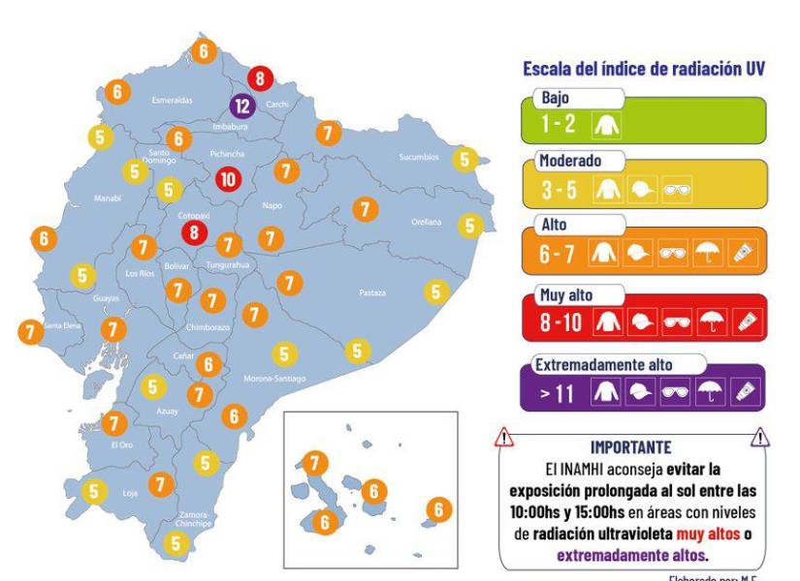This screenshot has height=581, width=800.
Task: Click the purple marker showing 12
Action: point(242,106)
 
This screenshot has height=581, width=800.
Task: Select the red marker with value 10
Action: point(228,179)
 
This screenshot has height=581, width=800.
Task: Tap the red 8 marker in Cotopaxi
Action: point(196,231)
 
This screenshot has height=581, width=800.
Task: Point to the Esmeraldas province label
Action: point(173,100)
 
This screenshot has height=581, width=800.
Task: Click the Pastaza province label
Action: point(371,292)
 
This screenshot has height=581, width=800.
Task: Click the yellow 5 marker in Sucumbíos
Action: point(465,159)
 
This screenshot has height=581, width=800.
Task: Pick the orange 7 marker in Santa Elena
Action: point(28,330)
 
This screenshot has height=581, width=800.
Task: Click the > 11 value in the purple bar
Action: point(559,391)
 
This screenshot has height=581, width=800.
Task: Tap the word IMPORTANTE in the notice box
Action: point(630,448)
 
